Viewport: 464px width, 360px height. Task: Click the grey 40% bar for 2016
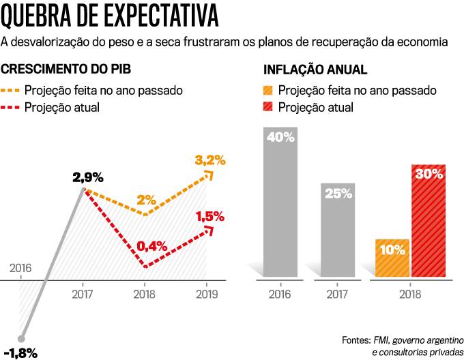280,205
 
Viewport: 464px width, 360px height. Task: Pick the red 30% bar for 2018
428,222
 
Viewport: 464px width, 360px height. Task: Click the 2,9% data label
88,178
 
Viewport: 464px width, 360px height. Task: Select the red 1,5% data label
210,216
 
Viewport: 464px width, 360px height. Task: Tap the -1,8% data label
20,352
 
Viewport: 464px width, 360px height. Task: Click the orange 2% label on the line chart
146,200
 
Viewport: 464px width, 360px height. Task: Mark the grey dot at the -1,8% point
22,337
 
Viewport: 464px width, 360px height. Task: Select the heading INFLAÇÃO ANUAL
315,70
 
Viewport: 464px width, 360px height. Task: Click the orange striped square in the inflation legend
268,90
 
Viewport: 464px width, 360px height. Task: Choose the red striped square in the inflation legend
268,107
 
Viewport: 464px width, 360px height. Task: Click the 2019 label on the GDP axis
207,295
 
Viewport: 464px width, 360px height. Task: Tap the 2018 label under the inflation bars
410,295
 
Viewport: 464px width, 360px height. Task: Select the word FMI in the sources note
381,339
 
